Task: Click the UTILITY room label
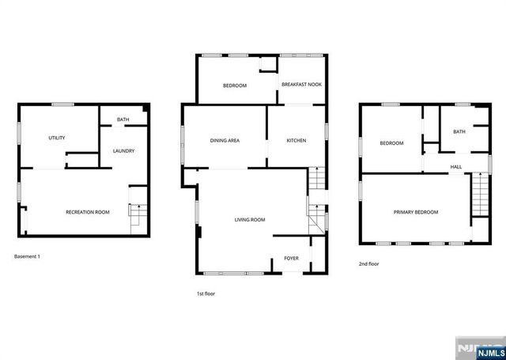(57, 138)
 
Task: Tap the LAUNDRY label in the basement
(123, 151)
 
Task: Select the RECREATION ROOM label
(87, 212)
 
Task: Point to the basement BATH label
(123, 120)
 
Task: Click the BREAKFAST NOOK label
(301, 85)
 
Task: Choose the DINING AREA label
(225, 141)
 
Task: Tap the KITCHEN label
(296, 141)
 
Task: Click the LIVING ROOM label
(249, 219)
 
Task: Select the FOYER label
(291, 258)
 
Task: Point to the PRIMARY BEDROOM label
(416, 212)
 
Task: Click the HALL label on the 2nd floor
(456, 167)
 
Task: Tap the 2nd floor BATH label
(459, 132)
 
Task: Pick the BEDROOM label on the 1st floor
(235, 85)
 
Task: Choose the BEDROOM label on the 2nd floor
(391, 143)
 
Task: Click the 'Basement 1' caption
(27, 256)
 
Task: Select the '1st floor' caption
(206, 294)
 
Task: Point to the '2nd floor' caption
(368, 263)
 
